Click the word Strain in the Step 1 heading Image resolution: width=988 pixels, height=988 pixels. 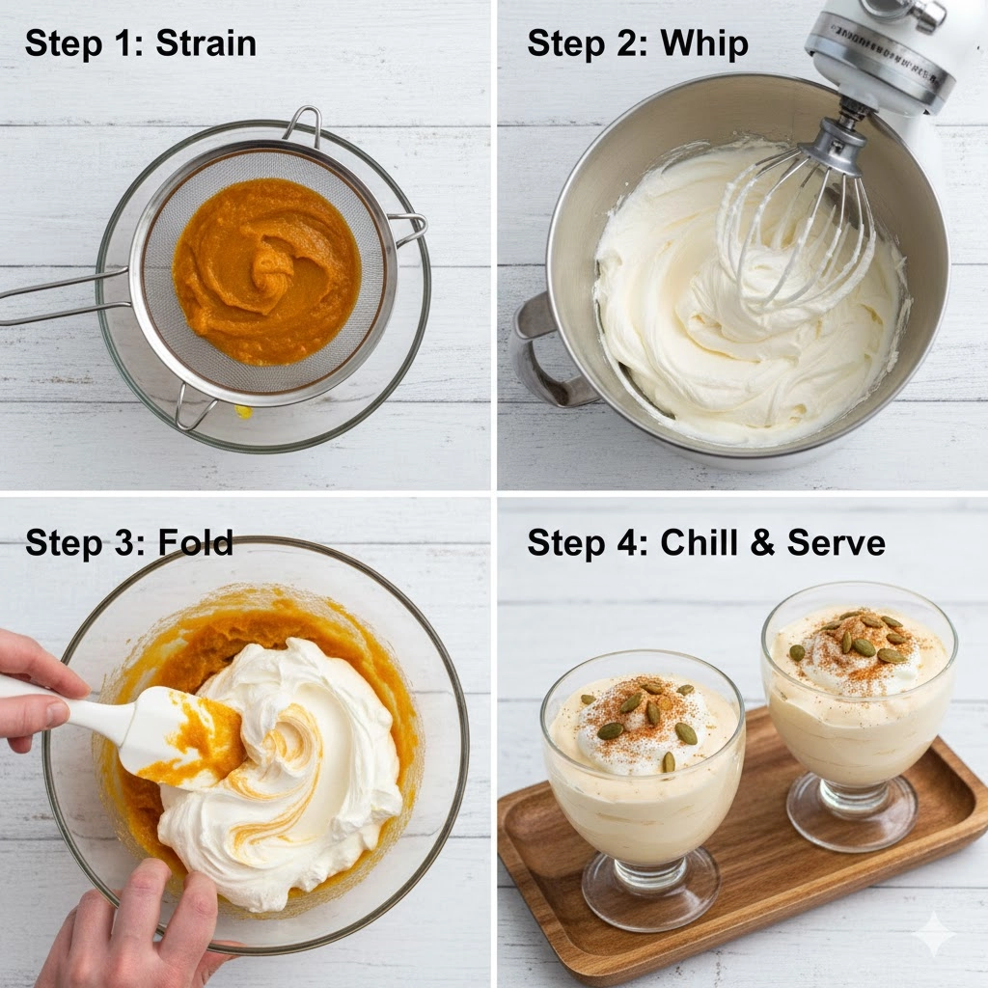tap(206, 43)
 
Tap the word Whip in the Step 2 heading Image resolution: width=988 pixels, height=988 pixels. tap(703, 45)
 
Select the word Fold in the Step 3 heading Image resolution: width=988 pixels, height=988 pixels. tap(195, 542)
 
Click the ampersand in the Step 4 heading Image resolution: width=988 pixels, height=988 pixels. tap(762, 543)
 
